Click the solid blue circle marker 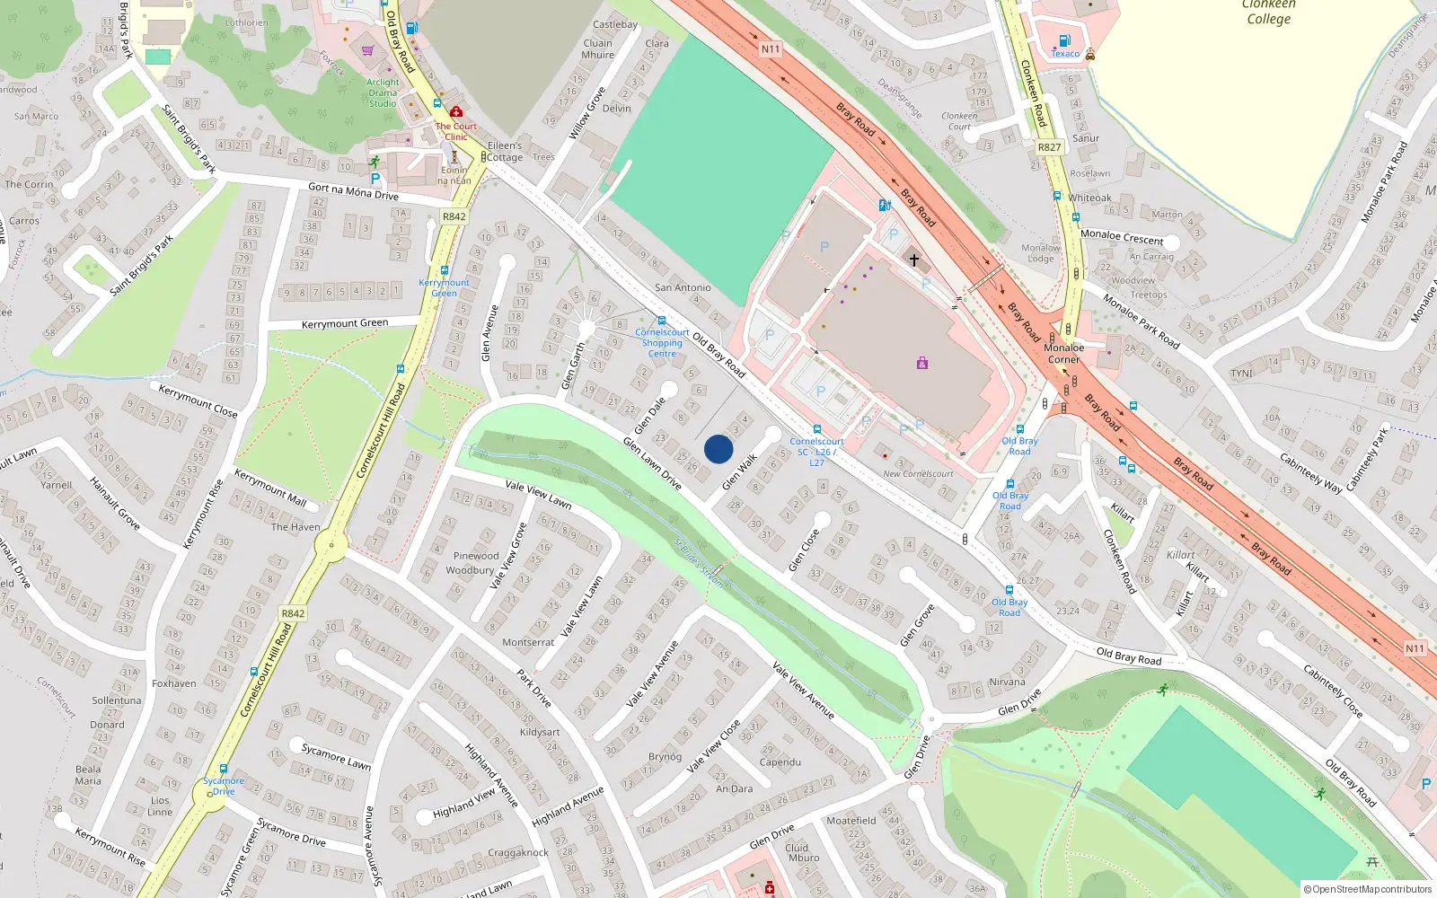(x=718, y=449)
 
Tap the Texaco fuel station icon (x=1064, y=40)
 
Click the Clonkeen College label (x=1268, y=12)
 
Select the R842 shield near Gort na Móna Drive (x=454, y=216)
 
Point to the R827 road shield (x=1049, y=147)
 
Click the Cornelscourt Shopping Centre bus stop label (x=662, y=343)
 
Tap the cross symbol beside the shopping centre (x=914, y=260)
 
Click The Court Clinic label (x=456, y=131)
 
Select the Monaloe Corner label (x=1064, y=353)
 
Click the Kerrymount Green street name (x=345, y=323)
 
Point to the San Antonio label (x=683, y=287)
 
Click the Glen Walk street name (x=739, y=471)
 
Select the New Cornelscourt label (x=918, y=473)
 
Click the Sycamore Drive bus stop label (x=223, y=786)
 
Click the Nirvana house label (x=1007, y=682)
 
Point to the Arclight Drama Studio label (x=383, y=92)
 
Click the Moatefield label (x=851, y=821)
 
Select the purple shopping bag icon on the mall (x=921, y=364)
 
